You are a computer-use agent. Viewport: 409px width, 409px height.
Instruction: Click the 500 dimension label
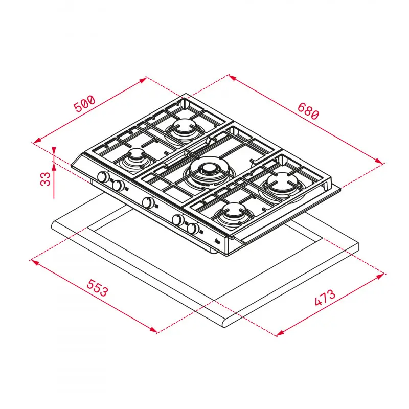click(84, 103)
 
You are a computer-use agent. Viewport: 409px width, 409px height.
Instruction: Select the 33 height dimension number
click(46, 179)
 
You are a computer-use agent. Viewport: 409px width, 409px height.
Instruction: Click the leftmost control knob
click(103, 178)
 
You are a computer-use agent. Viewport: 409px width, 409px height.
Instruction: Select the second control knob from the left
click(119, 186)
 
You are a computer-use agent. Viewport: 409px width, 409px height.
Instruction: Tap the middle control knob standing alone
click(148, 203)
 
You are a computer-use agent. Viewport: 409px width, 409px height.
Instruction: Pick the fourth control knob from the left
click(178, 220)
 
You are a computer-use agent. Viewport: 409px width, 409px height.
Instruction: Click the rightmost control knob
click(193, 229)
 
